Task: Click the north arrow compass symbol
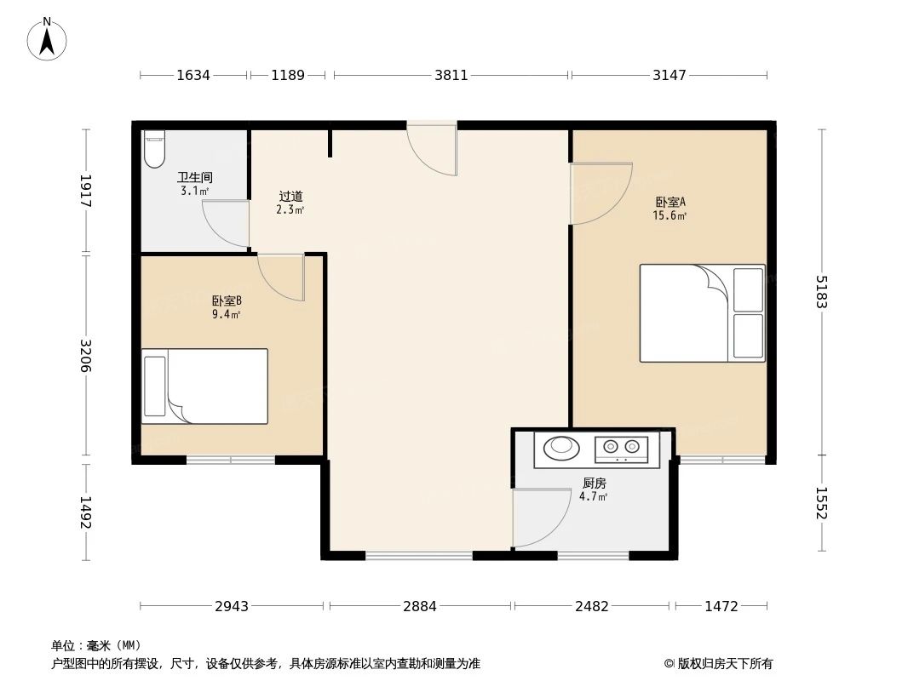coord(47,38)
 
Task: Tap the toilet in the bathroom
coord(153,149)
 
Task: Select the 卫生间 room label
coord(194,178)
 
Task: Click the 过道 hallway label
coord(290,197)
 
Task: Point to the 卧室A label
coord(670,203)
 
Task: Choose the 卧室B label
coord(227,300)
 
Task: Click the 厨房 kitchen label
coord(594,484)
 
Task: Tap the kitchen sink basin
coord(560,446)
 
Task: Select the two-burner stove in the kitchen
coord(620,446)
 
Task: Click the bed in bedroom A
coord(702,312)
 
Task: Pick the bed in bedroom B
coord(204,386)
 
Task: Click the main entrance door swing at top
coord(433,150)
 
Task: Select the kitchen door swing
coord(540,517)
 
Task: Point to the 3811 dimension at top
coord(451,75)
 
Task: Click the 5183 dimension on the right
coord(821,292)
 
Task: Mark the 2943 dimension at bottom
coord(232,606)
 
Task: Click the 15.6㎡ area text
coord(670,216)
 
